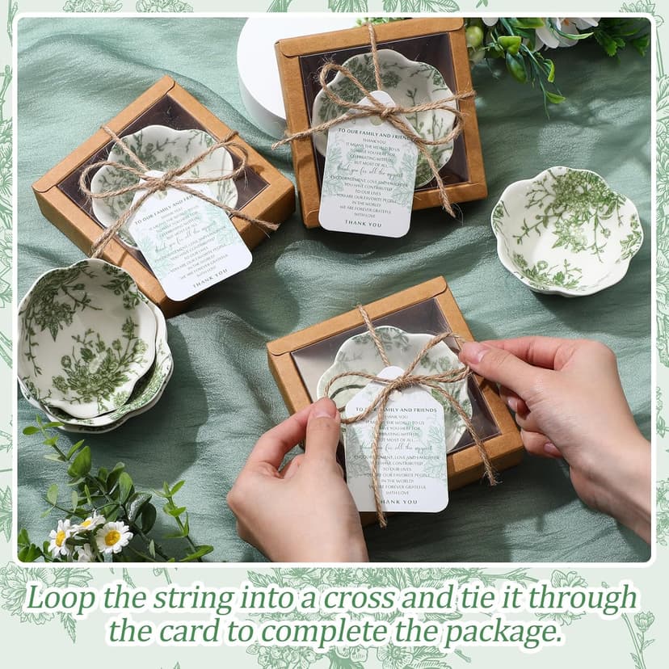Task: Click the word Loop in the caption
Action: (58, 600)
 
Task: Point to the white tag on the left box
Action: (190, 242)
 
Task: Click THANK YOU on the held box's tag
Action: (398, 502)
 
